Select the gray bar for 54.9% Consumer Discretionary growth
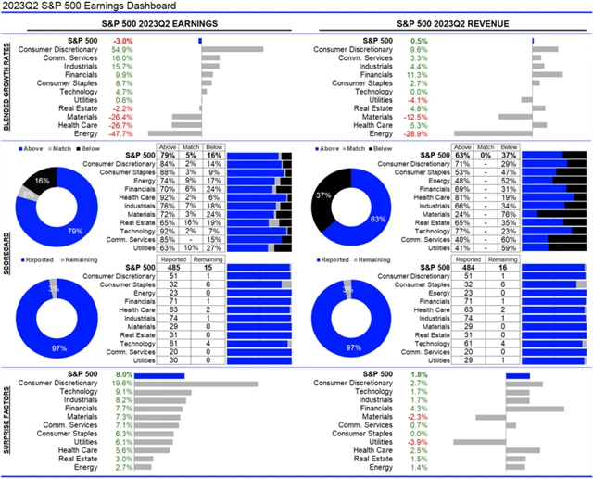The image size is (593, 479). (x=232, y=49)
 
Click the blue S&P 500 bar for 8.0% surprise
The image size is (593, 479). (x=160, y=374)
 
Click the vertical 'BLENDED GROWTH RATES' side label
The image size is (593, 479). (x=8, y=85)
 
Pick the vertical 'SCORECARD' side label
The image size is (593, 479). (x=8, y=250)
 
